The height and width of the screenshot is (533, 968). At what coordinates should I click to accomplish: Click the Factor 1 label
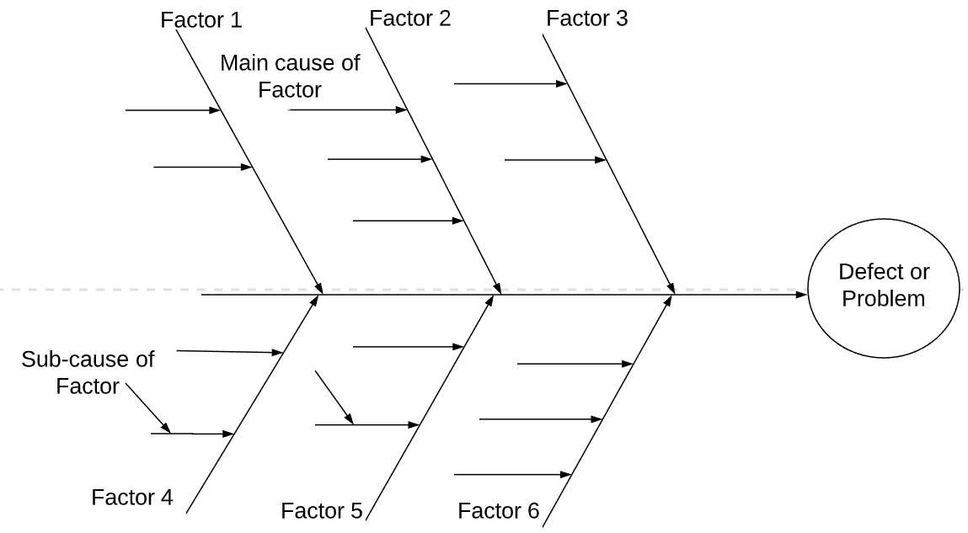(201, 20)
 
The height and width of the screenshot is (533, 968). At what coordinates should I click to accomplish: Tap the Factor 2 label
(410, 19)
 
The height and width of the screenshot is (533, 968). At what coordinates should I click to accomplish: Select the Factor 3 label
(586, 19)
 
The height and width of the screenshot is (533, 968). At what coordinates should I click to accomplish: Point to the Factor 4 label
(132, 497)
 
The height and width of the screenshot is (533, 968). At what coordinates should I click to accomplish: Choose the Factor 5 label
(322, 510)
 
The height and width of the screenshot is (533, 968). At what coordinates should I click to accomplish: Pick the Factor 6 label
(499, 510)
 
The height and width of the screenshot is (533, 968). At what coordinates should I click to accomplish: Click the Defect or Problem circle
(884, 286)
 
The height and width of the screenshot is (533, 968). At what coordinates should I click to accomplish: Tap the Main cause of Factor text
(290, 76)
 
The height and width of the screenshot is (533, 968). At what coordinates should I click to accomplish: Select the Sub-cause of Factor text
(88, 372)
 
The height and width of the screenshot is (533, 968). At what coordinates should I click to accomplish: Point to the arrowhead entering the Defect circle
(801, 295)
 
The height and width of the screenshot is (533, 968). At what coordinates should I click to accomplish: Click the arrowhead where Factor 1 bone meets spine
(318, 288)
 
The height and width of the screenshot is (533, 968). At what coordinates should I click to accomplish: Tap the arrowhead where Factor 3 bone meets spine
(671, 288)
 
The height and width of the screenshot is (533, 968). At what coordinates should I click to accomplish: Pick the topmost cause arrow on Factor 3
(510, 84)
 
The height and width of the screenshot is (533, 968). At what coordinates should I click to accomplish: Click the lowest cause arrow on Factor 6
(512, 475)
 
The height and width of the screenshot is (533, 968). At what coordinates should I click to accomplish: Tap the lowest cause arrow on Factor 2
(408, 221)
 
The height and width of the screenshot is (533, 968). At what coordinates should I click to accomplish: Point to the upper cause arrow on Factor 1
(173, 110)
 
